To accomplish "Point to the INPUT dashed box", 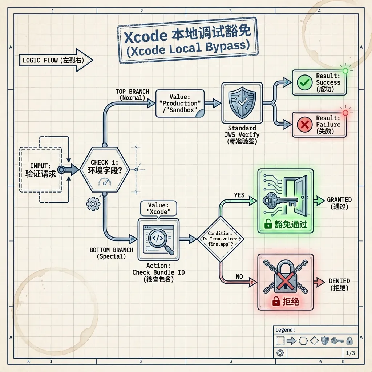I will (x=40, y=169).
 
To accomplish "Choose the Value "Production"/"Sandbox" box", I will (x=180, y=104).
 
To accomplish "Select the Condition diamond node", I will (x=221, y=239).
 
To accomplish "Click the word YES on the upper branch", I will (x=239, y=195).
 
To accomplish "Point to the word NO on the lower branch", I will (x=239, y=277).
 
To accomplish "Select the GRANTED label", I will (x=339, y=200).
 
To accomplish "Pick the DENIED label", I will (x=339, y=281).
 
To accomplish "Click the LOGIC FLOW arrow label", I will (x=54, y=60).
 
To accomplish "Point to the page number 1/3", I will (x=351, y=353).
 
